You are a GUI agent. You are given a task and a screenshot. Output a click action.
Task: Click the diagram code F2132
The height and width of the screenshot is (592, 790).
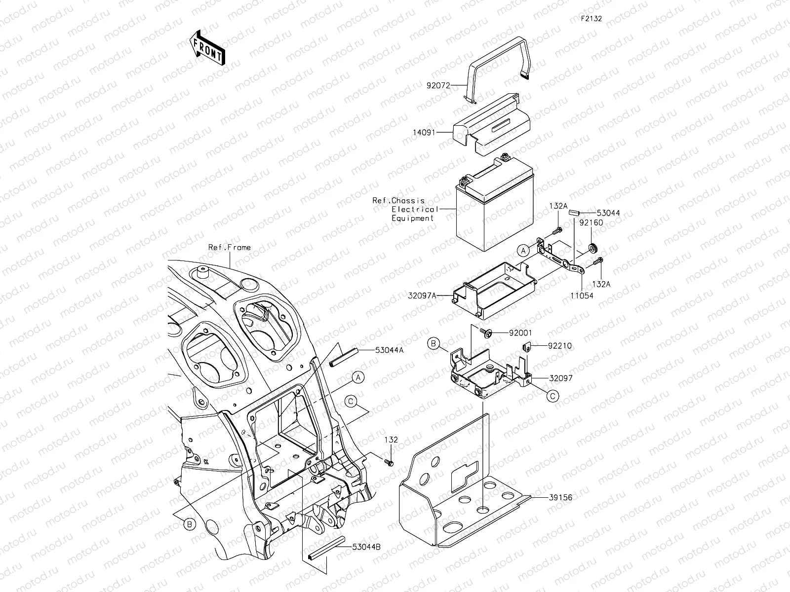point(591,18)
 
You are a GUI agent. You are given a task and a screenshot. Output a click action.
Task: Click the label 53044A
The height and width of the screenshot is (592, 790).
point(389,350)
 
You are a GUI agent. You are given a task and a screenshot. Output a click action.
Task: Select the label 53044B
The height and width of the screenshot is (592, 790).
point(367,547)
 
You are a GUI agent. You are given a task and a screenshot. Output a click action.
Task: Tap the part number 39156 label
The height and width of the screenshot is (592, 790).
point(560,498)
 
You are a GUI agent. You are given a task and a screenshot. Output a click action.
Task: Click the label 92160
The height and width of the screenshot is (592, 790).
point(591,223)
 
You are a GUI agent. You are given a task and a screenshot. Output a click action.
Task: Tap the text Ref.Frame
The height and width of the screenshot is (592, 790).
point(229,247)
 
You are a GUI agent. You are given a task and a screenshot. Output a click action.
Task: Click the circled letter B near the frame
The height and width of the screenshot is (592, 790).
point(190,524)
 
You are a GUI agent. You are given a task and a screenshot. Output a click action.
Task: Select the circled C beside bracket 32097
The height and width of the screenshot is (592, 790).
point(553,396)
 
